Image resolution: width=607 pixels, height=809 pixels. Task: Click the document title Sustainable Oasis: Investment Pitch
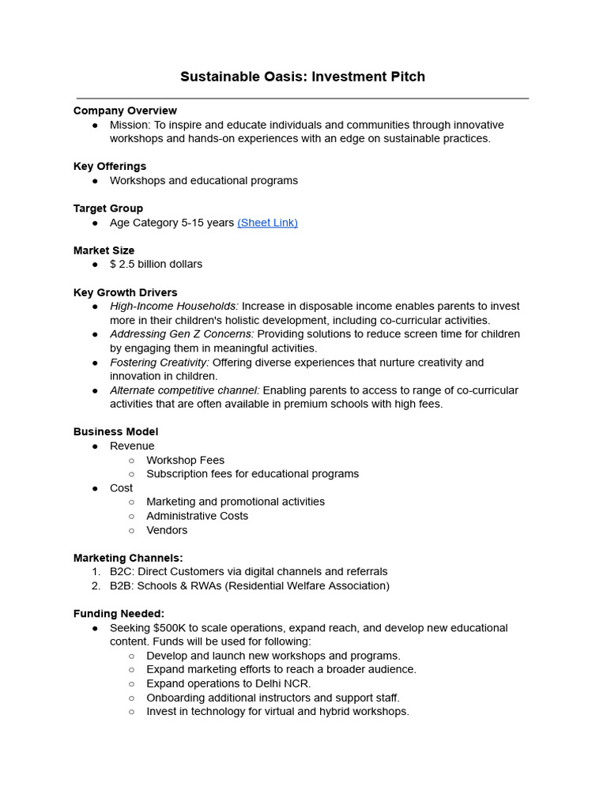303,77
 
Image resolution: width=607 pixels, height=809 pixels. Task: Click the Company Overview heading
125,111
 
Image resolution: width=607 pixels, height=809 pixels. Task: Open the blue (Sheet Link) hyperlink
267,223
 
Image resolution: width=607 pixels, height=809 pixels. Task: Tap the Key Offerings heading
110,166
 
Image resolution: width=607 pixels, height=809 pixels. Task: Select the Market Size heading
104,250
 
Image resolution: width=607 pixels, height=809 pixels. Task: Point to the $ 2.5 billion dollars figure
156,264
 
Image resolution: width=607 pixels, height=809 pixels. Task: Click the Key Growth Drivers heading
125,292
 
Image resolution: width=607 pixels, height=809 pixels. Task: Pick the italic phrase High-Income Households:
174,307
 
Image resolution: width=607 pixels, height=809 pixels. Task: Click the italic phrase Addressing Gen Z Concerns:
182,334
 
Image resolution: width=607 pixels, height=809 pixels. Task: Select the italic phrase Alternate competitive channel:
184,390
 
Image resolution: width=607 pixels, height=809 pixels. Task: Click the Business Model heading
115,431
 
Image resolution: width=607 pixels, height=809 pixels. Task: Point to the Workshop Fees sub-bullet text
185,460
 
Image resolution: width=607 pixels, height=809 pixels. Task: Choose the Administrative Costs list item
197,516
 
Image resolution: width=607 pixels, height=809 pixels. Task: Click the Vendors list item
167,530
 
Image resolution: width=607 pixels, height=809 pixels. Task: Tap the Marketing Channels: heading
128,558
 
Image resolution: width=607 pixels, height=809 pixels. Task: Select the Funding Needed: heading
119,614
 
